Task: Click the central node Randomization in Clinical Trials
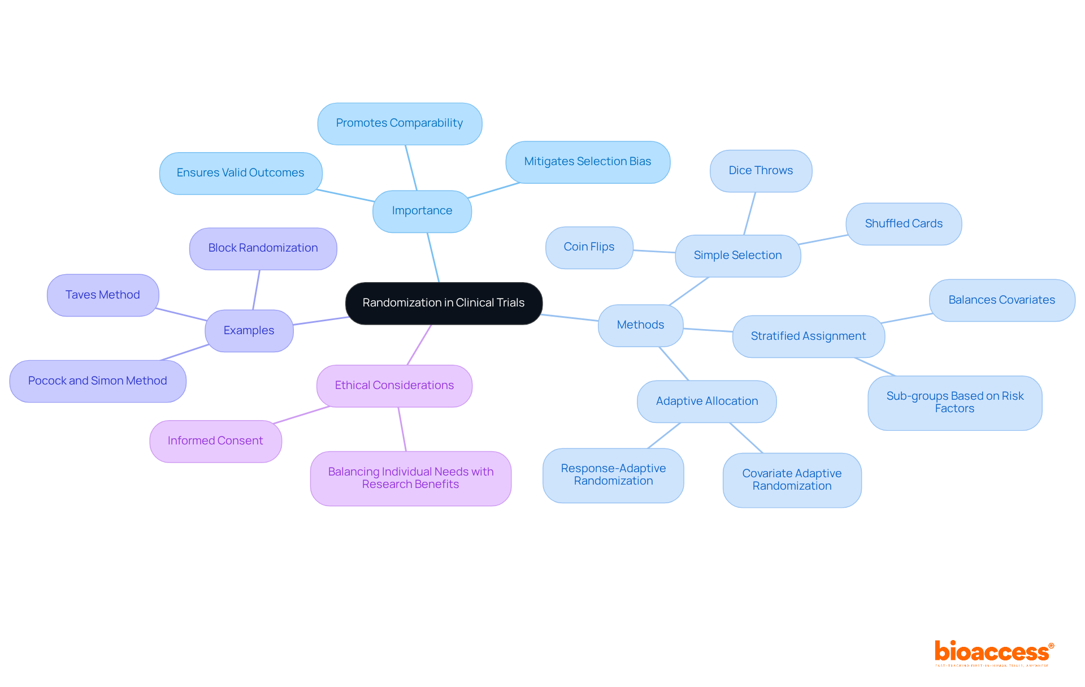tap(444, 303)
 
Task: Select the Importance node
tap(422, 211)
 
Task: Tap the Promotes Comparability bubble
tap(400, 123)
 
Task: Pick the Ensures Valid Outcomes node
tap(240, 173)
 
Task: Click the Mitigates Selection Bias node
tap(588, 162)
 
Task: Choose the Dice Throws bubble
tap(761, 171)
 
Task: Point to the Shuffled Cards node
tap(904, 224)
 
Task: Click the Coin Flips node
tap(589, 247)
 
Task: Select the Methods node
tap(640, 325)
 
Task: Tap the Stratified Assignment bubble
tap(808, 336)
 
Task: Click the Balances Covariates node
tap(1001, 300)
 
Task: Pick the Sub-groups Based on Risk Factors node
tap(954, 403)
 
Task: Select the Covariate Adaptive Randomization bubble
tap(792, 480)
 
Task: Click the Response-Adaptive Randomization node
tap(613, 475)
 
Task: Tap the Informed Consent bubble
tap(215, 441)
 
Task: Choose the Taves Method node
tap(103, 295)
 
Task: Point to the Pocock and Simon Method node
tap(98, 381)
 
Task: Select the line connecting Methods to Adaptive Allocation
tap(674, 364)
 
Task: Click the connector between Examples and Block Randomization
tap(256, 290)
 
